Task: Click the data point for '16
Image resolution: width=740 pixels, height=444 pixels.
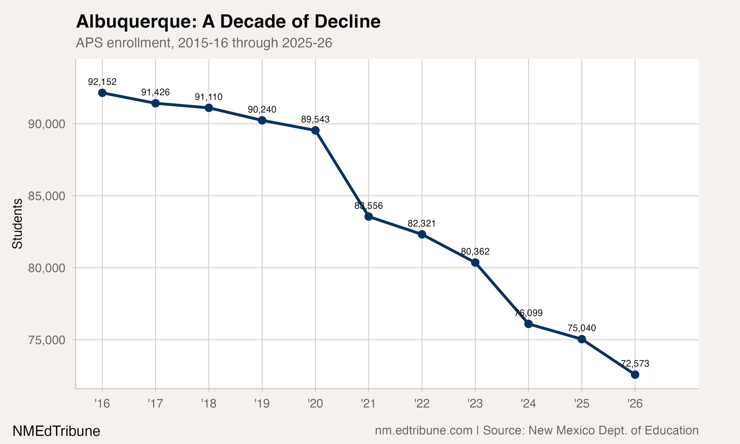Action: tap(102, 93)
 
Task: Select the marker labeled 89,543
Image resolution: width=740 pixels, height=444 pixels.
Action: tap(315, 130)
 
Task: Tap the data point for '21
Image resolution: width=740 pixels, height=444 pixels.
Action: tap(369, 216)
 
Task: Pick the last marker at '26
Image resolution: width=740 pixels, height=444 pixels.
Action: tap(635, 375)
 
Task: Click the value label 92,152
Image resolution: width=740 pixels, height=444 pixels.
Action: tap(102, 82)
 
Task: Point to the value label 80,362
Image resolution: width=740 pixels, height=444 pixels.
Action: tap(475, 251)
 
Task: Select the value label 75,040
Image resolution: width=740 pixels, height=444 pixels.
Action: tap(582, 328)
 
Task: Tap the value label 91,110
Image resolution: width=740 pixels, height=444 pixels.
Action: tap(209, 97)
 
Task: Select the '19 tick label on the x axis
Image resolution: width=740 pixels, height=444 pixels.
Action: tap(262, 404)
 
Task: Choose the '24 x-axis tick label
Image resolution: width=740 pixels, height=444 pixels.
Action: tap(529, 404)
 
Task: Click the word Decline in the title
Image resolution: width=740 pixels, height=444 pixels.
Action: tap(347, 21)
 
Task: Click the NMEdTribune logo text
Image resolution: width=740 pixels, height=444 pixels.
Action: tap(56, 431)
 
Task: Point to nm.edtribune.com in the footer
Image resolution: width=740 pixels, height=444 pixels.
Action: tap(424, 430)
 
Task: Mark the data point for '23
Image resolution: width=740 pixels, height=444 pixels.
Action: tap(475, 263)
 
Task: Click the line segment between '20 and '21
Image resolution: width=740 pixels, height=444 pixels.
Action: tap(342, 174)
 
